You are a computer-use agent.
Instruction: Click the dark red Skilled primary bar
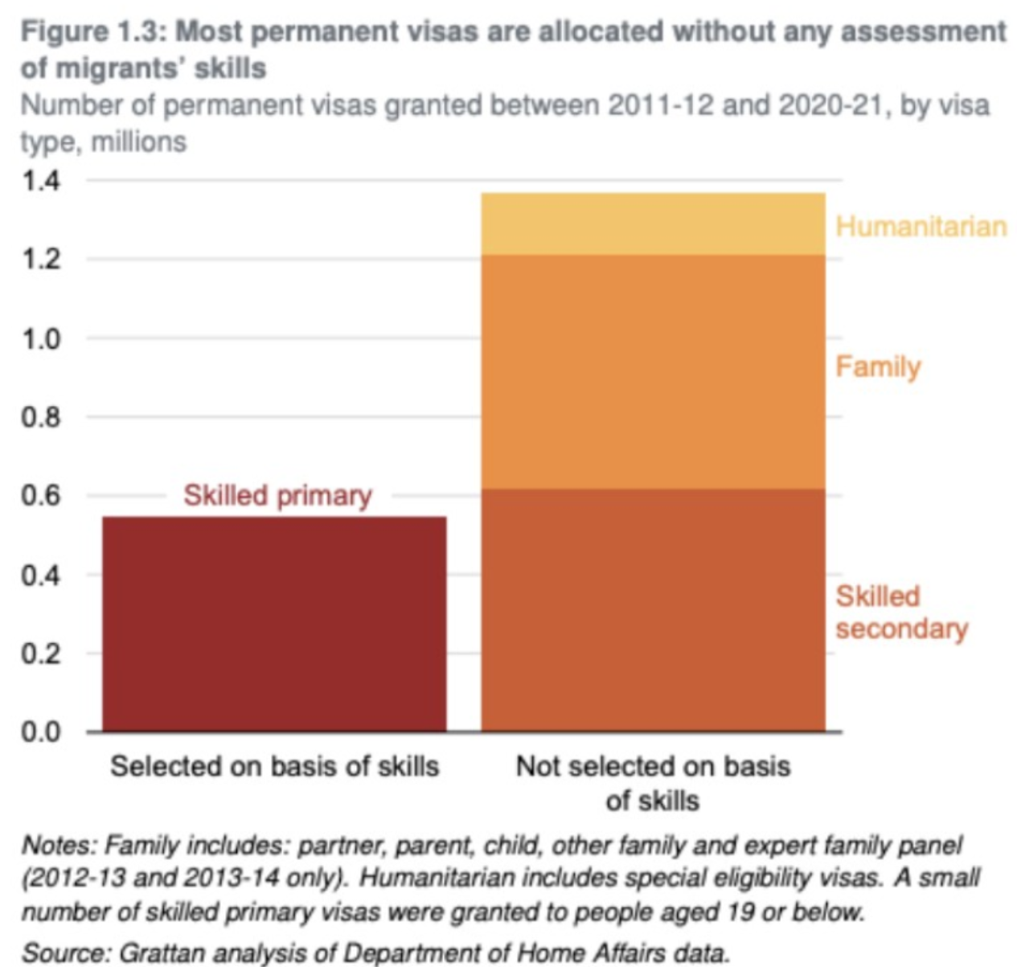point(274,623)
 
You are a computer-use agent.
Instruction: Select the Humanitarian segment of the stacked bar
point(653,224)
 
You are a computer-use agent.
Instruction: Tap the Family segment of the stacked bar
point(653,371)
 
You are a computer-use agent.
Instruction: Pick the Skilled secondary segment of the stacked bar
point(653,609)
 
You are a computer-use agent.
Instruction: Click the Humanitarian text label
point(921,226)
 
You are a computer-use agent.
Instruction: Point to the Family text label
point(878,367)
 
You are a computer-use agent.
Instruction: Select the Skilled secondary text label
point(900,613)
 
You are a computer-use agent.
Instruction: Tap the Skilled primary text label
point(277,495)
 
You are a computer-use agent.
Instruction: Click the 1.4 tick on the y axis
point(40,181)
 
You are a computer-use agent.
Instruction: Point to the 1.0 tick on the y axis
point(40,338)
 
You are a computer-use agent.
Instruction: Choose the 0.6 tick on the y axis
point(40,496)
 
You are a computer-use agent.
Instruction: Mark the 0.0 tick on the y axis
point(40,731)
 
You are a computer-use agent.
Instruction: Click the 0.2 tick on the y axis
point(40,653)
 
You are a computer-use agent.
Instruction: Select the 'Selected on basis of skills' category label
point(274,766)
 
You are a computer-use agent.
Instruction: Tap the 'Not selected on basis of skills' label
point(653,782)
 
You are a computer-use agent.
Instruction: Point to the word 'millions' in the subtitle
point(139,141)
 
